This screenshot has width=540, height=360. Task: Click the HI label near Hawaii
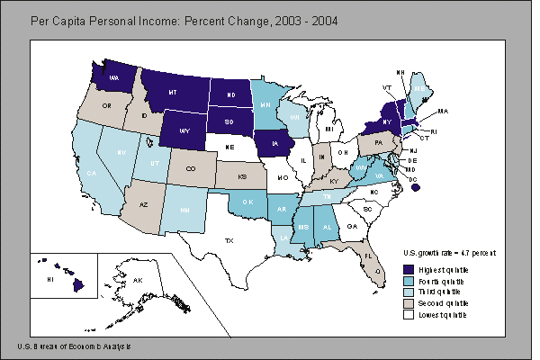tap(49, 281)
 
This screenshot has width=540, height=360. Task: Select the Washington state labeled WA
tap(115, 77)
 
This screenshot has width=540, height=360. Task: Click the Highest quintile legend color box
tap(407, 269)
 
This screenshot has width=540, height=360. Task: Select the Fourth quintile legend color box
tap(407, 281)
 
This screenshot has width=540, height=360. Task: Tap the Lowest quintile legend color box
tap(407, 315)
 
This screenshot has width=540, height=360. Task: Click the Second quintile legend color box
tap(407, 303)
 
